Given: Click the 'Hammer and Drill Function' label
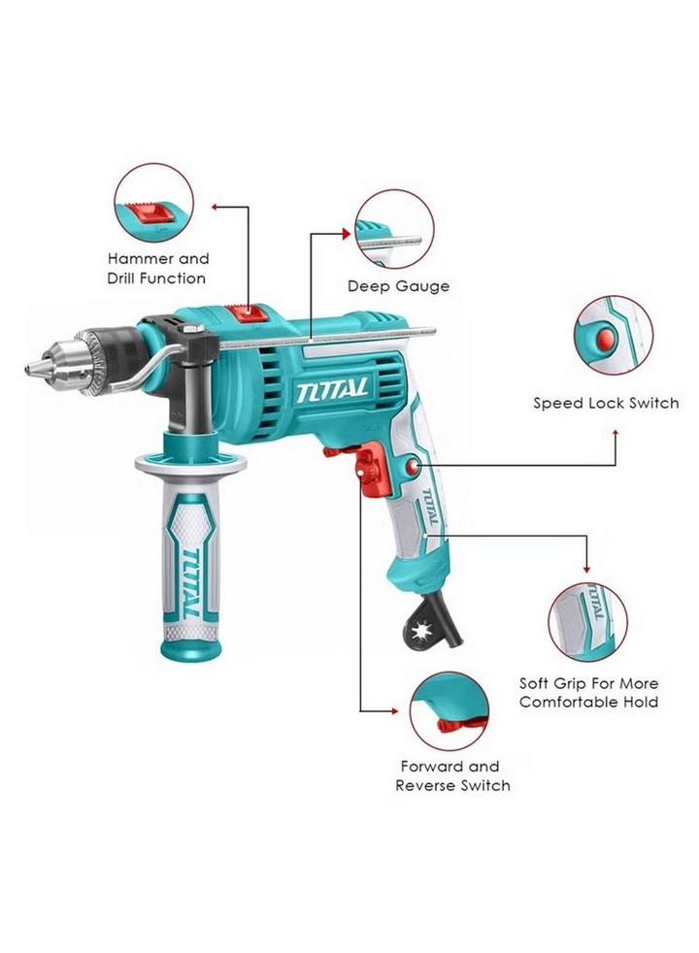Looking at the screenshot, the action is click(158, 269).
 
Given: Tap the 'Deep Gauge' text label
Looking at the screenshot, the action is click(399, 286).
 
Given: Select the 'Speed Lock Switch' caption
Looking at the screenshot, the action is click(606, 403).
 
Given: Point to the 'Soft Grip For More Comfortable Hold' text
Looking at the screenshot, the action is click(588, 693).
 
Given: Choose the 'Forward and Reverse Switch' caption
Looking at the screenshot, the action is click(452, 776).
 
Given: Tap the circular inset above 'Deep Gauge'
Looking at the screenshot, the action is click(394, 229).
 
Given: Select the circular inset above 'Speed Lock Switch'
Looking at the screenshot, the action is click(614, 336).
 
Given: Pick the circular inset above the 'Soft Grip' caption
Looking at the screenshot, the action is click(587, 621).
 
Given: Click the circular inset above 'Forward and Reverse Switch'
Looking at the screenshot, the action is click(449, 711).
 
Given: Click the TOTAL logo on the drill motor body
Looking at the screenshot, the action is click(332, 389).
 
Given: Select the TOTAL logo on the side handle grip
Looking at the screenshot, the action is click(192, 583).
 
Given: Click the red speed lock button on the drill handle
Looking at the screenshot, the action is click(414, 466).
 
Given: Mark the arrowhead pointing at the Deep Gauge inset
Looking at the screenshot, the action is click(348, 234).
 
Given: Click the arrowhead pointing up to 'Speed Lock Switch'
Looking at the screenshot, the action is click(616, 433).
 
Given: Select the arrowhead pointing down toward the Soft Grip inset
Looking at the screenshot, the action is click(586, 569).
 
